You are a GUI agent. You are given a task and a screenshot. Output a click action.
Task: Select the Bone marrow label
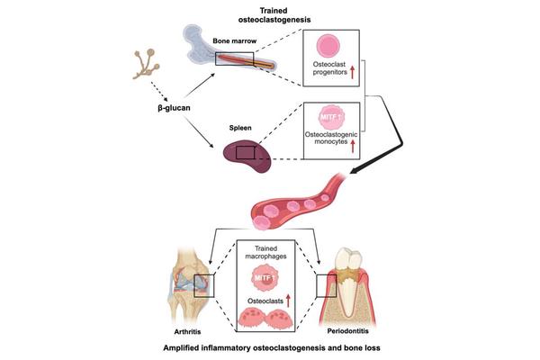click(x=231, y=42)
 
